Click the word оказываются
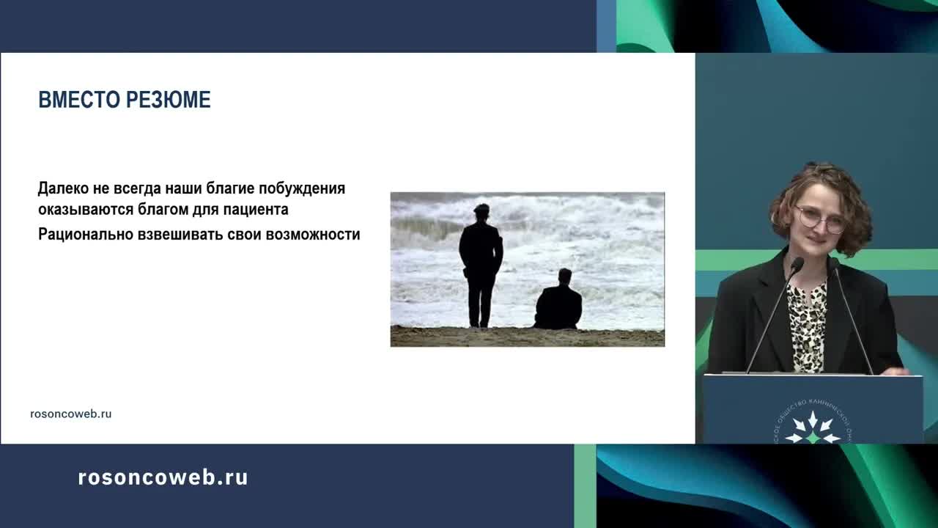tap(85, 210)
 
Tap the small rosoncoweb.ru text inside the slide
tap(71, 414)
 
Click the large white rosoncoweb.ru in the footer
tap(163, 477)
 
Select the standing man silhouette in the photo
tap(481, 268)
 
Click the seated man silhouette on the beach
tap(558, 302)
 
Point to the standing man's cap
tap(481, 208)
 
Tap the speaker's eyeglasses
tap(819, 218)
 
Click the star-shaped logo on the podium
tap(813, 429)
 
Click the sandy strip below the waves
tap(527, 337)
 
